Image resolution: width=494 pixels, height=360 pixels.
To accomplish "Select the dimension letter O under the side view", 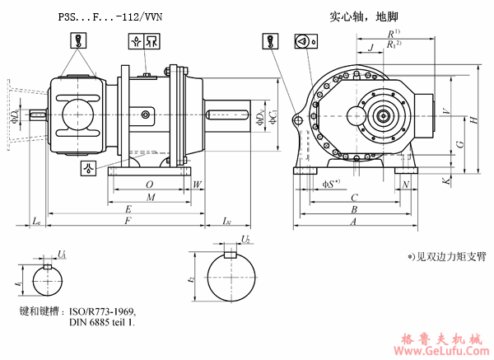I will tap(148, 184).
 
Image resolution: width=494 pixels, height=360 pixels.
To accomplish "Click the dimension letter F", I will tap(126, 222).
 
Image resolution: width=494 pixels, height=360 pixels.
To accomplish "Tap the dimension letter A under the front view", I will tap(354, 222).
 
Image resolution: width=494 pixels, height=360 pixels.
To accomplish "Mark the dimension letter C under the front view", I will tap(354, 198).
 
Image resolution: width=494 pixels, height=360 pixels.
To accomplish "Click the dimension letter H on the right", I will tap(475, 120).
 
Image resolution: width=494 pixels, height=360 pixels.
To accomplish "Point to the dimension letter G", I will tap(459, 143).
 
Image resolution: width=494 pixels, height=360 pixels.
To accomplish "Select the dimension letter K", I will tap(445, 180).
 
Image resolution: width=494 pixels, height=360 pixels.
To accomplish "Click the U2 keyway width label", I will tap(245, 239).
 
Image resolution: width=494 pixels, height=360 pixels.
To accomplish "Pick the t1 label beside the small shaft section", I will tap(17, 282).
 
